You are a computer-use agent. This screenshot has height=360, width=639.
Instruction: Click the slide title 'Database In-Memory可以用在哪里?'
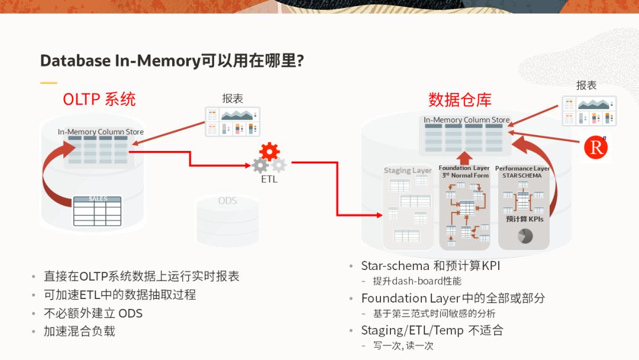172,60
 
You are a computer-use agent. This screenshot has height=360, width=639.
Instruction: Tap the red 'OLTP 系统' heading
99,98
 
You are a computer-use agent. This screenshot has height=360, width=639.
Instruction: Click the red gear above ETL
269,152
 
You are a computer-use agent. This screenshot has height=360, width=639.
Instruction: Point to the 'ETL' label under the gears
269,179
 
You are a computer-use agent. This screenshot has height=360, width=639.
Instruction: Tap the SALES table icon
98,211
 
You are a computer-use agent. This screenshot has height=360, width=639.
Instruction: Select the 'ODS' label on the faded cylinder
227,201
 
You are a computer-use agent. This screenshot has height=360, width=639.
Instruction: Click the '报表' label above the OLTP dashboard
233,99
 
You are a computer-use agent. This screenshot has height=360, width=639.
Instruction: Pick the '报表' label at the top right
586,85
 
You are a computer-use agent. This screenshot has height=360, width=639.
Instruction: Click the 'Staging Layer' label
408,171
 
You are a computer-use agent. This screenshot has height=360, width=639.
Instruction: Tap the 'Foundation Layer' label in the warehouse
464,168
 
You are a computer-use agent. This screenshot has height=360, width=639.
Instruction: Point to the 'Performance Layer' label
522,168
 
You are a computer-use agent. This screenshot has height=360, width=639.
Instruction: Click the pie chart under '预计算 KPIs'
525,236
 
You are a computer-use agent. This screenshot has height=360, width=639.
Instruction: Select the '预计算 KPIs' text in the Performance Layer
524,218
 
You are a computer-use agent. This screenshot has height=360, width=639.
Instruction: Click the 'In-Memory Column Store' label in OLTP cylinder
101,132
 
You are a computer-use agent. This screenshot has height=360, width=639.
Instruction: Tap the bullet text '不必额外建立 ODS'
93,313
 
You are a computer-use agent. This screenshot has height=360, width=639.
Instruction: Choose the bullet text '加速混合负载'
79,331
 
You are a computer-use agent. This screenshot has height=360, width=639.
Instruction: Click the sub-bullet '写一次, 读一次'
403,345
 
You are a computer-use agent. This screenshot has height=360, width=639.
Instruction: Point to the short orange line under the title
49,82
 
